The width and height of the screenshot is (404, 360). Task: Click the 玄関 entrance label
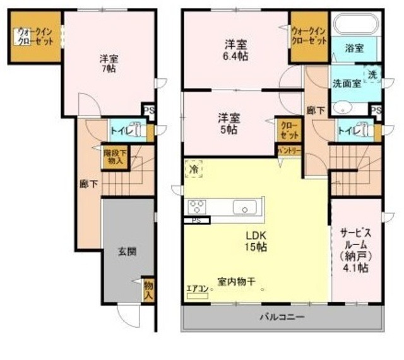coord(126,251)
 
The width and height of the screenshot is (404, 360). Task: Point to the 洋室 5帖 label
coord(228,123)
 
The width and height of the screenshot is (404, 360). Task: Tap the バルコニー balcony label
coord(282,316)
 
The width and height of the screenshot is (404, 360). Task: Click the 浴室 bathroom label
coord(354,48)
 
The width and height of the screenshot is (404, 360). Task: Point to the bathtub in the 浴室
coord(354,25)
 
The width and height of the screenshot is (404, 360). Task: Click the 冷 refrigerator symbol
coord(194,169)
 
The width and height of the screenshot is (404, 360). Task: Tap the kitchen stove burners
coord(196,207)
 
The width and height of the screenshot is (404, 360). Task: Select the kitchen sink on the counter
coord(244,207)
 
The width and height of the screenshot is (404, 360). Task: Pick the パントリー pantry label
coord(289,151)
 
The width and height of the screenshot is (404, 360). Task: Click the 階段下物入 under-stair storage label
coord(116,156)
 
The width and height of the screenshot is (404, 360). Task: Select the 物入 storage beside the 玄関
coord(149,290)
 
